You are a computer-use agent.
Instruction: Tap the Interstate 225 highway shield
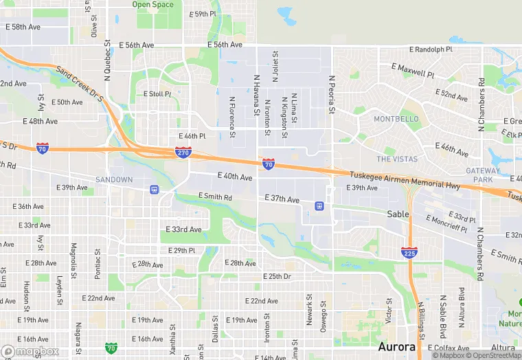click(x=409, y=253)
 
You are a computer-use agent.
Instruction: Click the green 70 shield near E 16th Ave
click(x=111, y=348)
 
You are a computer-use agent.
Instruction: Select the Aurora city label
click(x=396, y=346)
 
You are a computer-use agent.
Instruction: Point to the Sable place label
click(x=398, y=214)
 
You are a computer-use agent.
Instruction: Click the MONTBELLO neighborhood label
click(x=396, y=119)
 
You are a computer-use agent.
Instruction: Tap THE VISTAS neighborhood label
click(x=397, y=159)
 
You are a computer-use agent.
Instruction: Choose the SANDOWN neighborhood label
click(x=114, y=180)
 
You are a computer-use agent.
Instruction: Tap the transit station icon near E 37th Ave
click(x=319, y=205)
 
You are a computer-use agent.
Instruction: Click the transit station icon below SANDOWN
click(x=155, y=190)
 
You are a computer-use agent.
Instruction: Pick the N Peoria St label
click(x=331, y=95)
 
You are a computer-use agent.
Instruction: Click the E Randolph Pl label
click(x=431, y=49)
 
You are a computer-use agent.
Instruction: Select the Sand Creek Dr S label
click(x=80, y=85)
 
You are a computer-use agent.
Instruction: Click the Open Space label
click(x=152, y=5)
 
